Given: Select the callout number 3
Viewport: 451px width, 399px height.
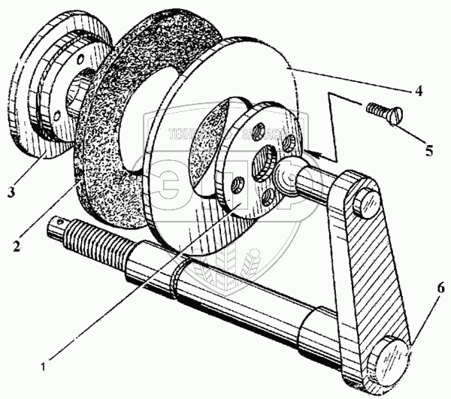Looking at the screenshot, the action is [11, 192].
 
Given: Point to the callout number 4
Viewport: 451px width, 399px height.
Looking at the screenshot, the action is [419, 92].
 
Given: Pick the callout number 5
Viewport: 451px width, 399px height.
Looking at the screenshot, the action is [429, 150].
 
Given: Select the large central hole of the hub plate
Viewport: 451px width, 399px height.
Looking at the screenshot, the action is [265, 162].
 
